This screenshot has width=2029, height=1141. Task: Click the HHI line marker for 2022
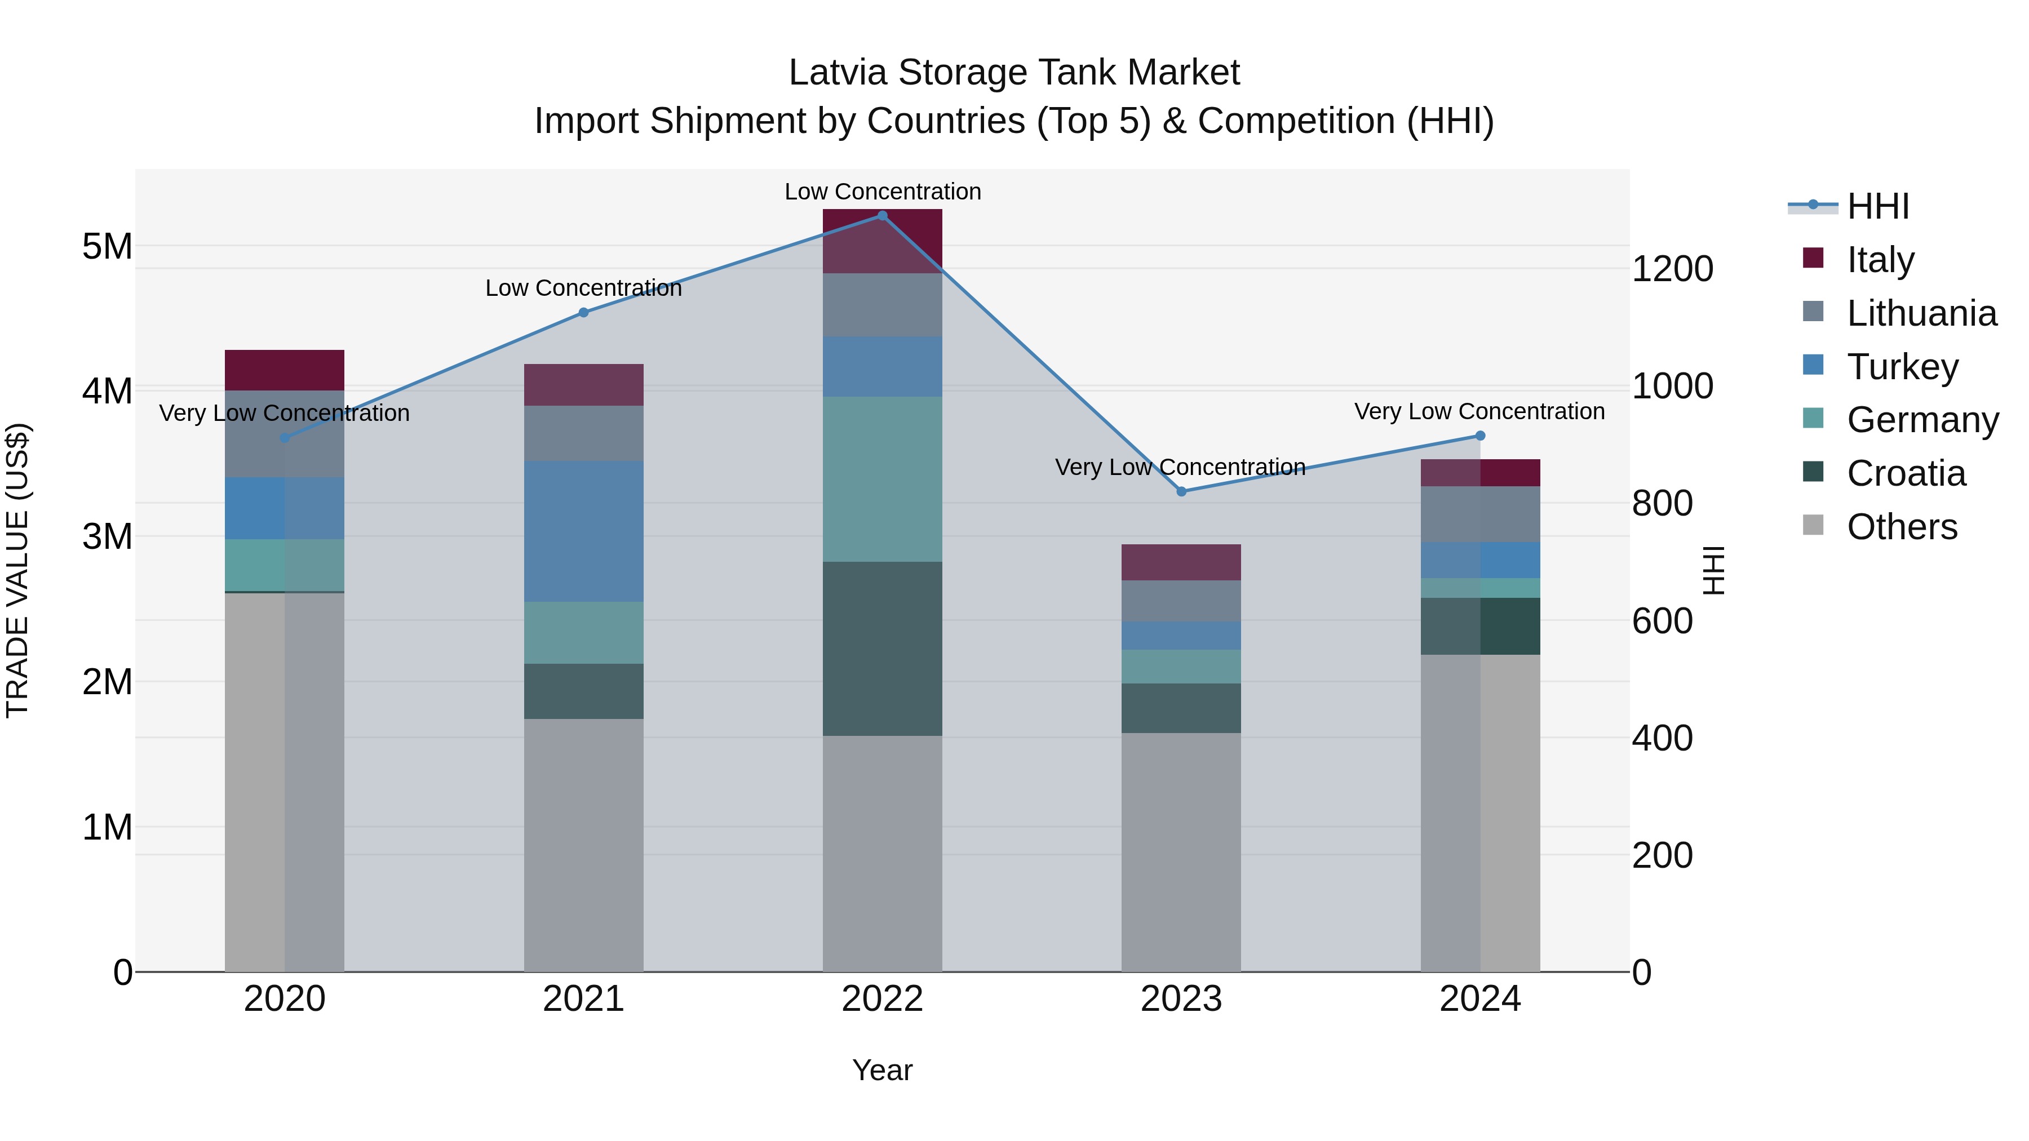[x=882, y=216]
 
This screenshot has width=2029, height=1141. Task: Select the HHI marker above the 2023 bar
[x=1181, y=491]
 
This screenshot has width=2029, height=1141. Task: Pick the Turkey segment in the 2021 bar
[x=584, y=531]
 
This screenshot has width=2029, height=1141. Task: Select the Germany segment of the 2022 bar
[x=882, y=479]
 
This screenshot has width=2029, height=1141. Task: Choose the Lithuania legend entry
[x=1921, y=313]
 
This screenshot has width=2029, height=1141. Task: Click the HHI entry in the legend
[x=1878, y=206]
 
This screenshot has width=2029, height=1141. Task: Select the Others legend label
[x=1902, y=527]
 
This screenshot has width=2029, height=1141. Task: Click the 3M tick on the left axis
[x=107, y=536]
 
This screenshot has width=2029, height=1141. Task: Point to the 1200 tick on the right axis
[x=1672, y=269]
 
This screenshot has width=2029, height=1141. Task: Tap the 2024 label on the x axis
[x=1479, y=999]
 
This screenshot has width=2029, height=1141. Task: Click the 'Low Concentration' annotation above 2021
[x=584, y=288]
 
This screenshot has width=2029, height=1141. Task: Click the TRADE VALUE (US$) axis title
[x=17, y=570]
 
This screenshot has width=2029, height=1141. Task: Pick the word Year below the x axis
[x=882, y=1070]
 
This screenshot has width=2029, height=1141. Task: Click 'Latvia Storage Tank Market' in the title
[x=1014, y=73]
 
